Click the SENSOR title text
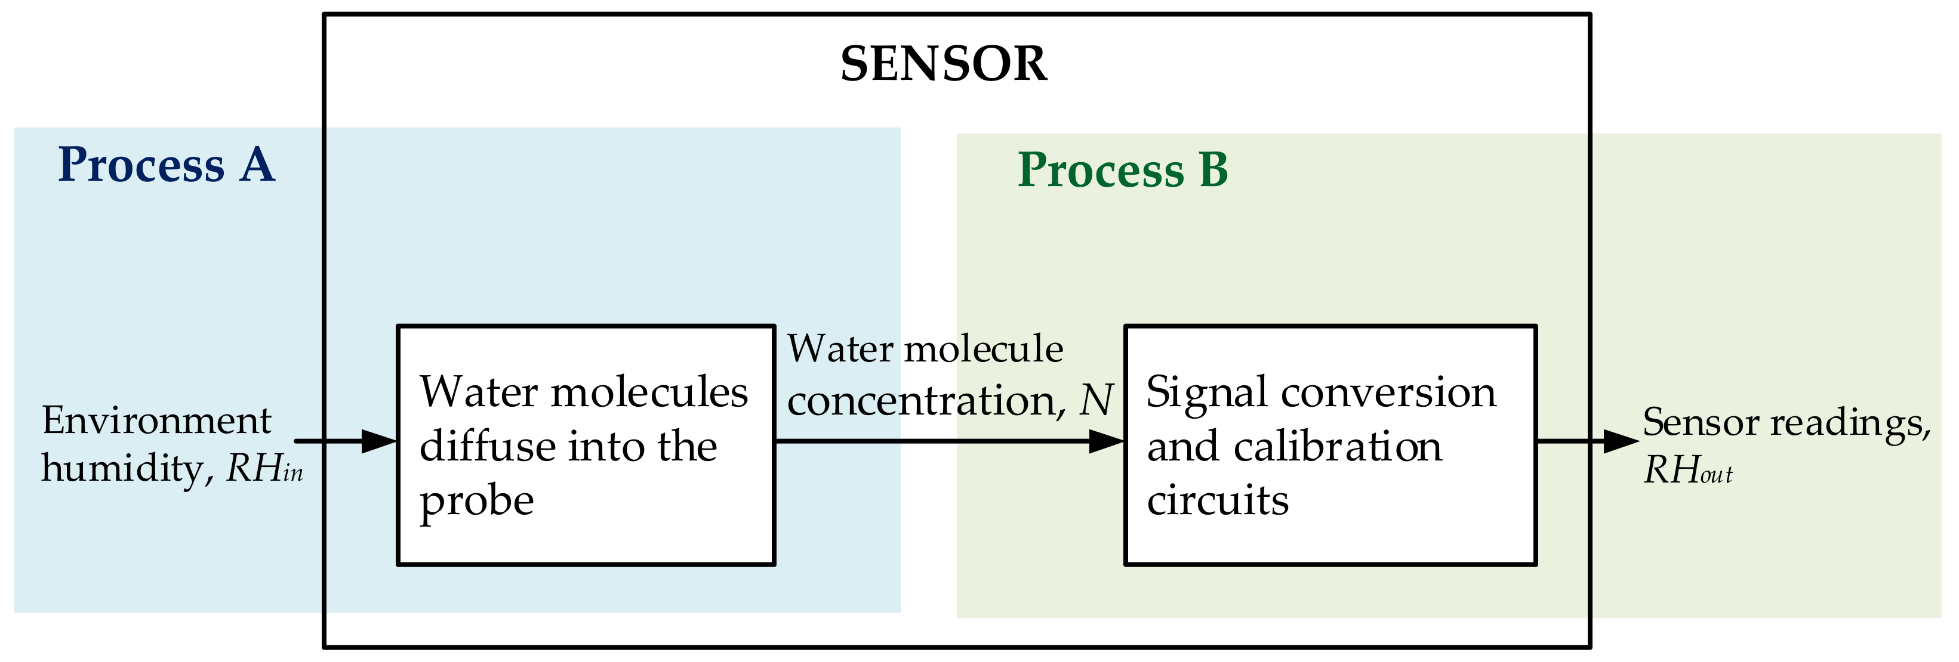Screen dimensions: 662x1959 coord(943,64)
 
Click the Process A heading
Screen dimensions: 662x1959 coord(166,165)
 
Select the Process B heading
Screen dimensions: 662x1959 coord(1123,169)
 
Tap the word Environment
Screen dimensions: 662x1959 coord(156,420)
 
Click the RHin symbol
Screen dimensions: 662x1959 coord(264,469)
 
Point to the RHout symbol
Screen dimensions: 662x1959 coord(1687,471)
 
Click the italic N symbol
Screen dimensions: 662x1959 coord(1096,401)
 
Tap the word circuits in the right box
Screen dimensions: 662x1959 coord(1218,501)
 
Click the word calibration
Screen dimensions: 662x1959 coord(1338,446)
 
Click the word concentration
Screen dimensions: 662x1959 coord(922,401)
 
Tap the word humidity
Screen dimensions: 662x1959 coord(122,469)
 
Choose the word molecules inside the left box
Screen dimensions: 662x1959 coord(649,393)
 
